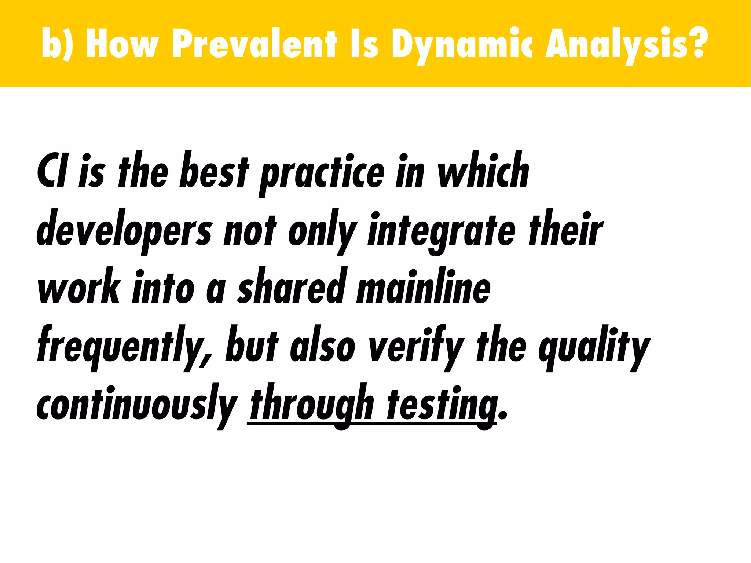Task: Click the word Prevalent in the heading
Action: [x=254, y=44]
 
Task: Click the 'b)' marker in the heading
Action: [x=55, y=44]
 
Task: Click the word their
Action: [x=565, y=229]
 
